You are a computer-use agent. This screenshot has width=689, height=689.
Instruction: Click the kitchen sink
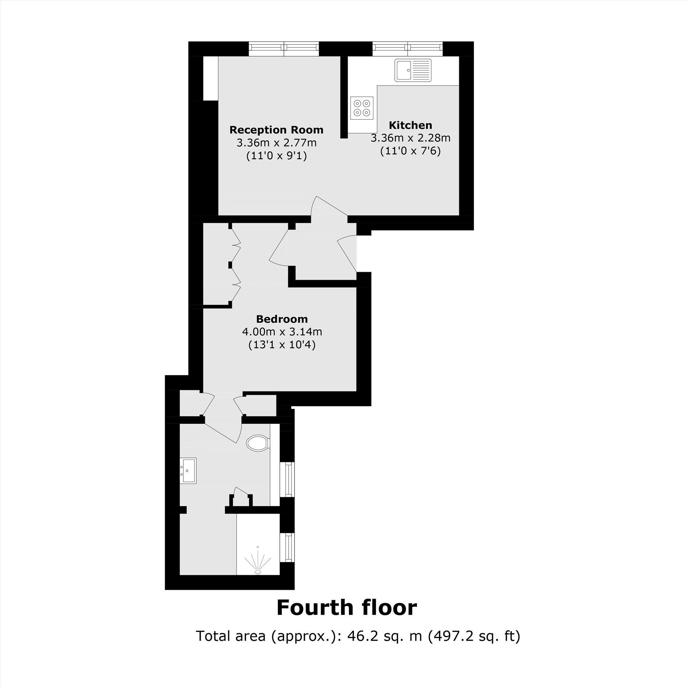click(x=413, y=70)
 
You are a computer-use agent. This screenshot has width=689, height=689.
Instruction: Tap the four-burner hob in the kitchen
click(x=362, y=108)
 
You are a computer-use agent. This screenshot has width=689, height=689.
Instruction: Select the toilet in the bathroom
click(x=258, y=443)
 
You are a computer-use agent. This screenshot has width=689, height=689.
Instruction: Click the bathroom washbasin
click(x=188, y=471)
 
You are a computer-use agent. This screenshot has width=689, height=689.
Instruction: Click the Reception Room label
click(x=276, y=130)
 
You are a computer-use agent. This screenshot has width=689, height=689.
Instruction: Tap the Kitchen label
click(x=411, y=125)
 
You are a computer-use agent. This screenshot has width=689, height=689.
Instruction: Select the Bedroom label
click(x=282, y=319)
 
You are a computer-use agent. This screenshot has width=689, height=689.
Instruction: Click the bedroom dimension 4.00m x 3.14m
click(x=282, y=332)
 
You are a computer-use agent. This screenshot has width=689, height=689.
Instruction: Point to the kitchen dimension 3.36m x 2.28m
click(x=411, y=138)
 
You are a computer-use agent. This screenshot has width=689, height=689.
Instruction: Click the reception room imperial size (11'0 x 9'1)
click(x=277, y=156)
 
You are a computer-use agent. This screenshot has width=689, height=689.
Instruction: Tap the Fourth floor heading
click(x=347, y=608)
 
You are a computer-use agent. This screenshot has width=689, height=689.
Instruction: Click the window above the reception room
click(x=284, y=49)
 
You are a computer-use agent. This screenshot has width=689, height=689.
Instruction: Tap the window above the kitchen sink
click(x=408, y=49)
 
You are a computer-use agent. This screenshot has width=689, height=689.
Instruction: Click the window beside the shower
click(x=287, y=547)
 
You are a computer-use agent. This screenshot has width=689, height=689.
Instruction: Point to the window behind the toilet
click(x=287, y=479)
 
